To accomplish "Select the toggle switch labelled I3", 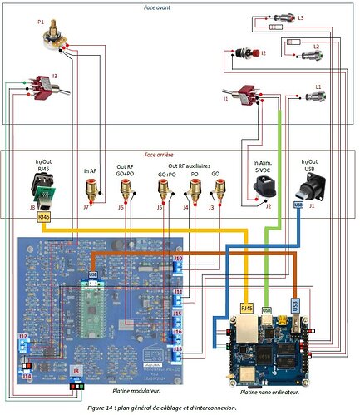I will [x=36, y=86].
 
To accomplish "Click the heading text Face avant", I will [x=180, y=5].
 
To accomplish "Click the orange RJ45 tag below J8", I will [x=45, y=216].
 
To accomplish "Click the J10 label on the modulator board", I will [x=178, y=259].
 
